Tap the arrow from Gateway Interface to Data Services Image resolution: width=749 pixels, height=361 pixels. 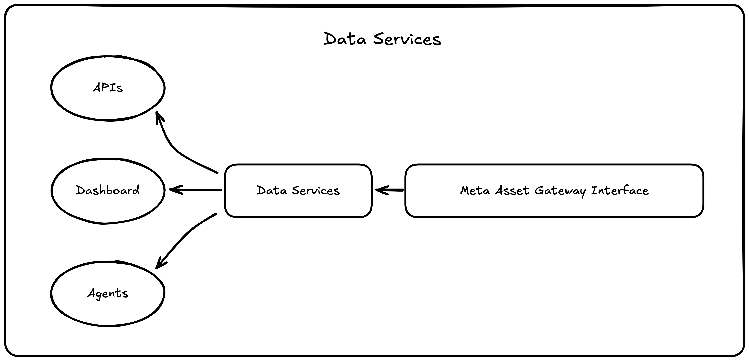tap(391, 190)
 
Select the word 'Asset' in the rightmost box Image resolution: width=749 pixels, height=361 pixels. tap(512, 191)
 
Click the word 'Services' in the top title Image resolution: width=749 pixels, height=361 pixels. tap(407, 39)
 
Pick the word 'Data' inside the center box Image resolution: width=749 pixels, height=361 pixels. tap(272, 191)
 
